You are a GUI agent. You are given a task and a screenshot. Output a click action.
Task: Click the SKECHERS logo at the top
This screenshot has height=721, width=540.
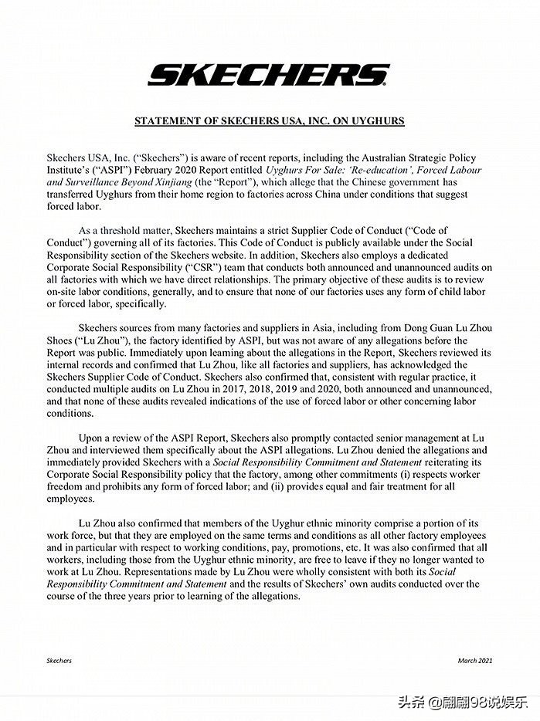click(269, 75)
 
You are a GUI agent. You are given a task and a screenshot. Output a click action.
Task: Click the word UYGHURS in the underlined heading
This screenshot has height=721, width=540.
click(377, 121)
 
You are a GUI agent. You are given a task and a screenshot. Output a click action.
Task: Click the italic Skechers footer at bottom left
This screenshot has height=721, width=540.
click(59, 661)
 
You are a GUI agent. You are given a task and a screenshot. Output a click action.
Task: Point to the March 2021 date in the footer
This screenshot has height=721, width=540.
click(474, 661)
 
